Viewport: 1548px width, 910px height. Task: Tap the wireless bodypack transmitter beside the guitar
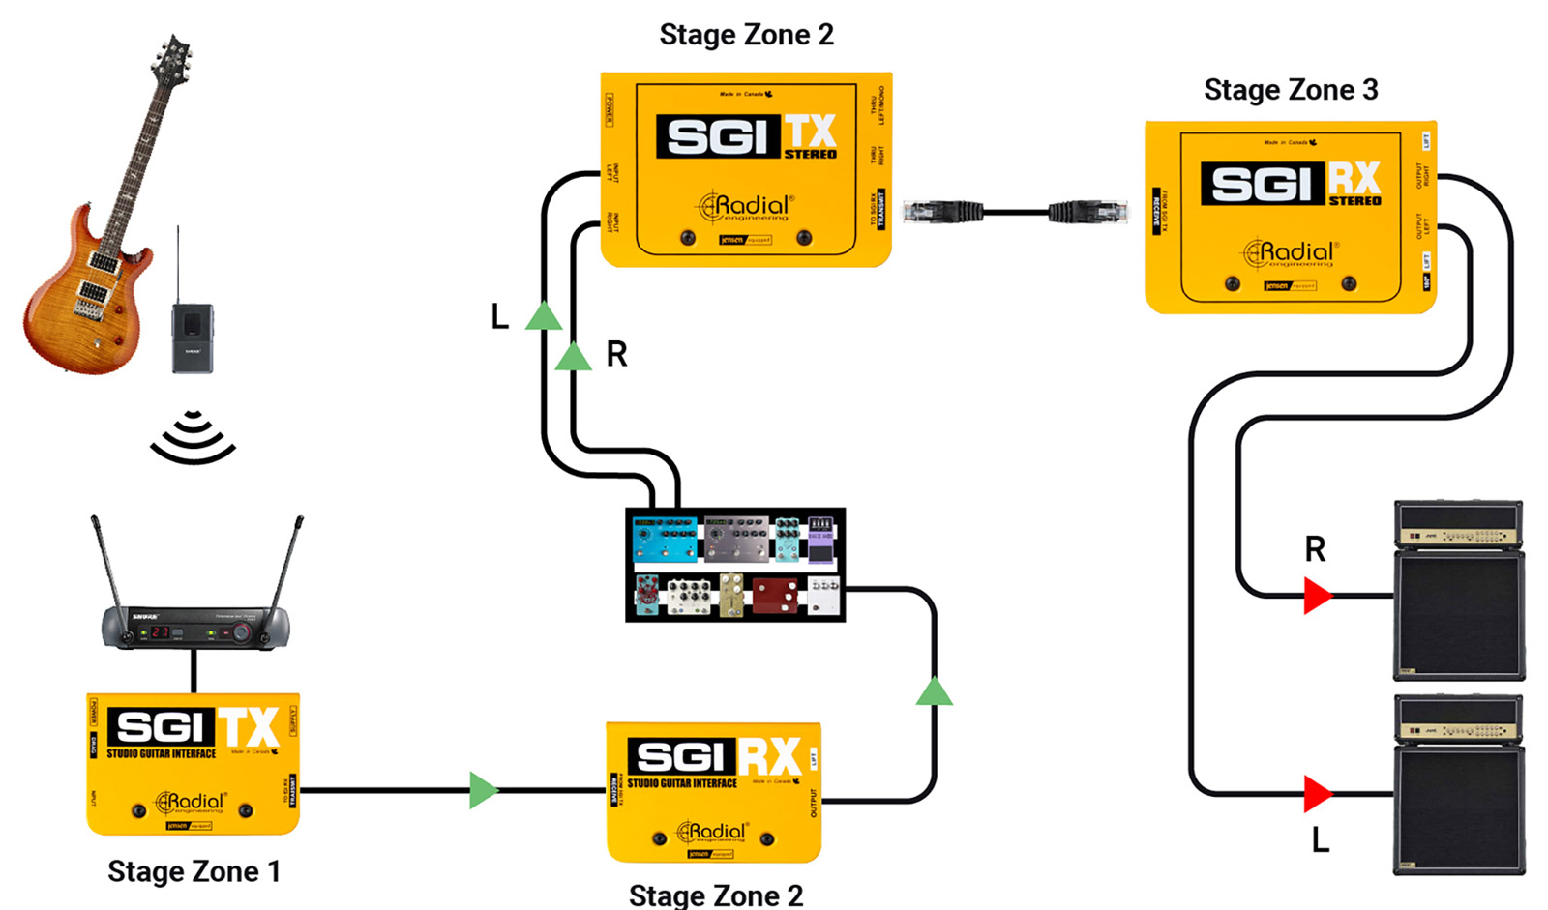coord(193,338)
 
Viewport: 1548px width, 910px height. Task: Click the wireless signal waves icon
coord(193,437)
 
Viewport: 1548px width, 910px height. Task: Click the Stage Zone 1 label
coord(193,871)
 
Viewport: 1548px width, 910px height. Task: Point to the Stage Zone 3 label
coord(1291,90)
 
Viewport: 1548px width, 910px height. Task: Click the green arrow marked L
coord(544,316)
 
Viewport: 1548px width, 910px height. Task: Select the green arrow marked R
coord(573,357)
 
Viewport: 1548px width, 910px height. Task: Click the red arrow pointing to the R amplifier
coord(1316,596)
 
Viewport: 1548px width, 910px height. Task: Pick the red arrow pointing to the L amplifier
coord(1316,794)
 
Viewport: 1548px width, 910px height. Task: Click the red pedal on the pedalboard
coord(775,595)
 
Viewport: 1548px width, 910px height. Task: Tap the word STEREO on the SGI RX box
coord(1354,201)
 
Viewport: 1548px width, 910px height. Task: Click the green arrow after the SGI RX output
coord(934,691)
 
